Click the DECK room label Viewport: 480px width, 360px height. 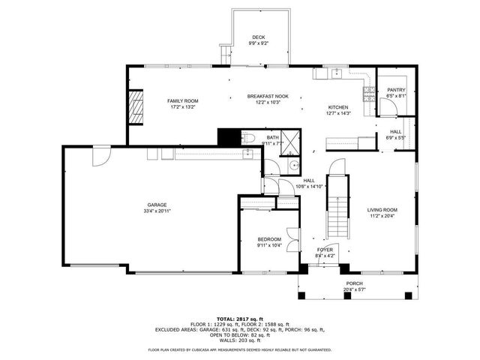pyautogui.click(x=258, y=37)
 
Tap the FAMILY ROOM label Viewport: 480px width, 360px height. pyautogui.click(x=181, y=100)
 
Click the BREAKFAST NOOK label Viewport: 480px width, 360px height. pyautogui.click(x=268, y=96)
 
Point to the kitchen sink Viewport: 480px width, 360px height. pyautogui.click(x=336, y=73)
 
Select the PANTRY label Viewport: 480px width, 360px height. pyautogui.click(x=396, y=90)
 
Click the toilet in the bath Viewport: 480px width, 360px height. pyautogui.click(x=249, y=137)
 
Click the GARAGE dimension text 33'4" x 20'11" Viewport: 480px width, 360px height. pyautogui.click(x=157, y=211)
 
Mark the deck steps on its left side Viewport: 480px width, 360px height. pyautogui.click(x=224, y=52)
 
